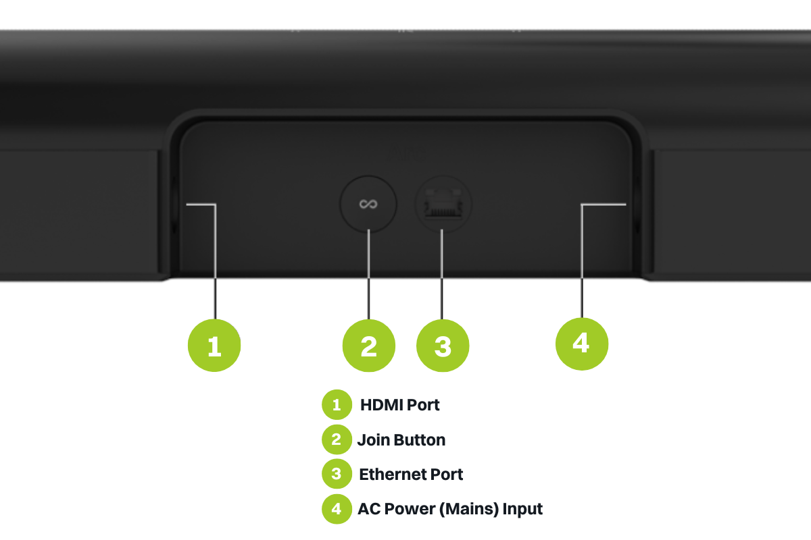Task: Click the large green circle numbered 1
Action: tap(214, 345)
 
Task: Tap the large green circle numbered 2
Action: tap(368, 345)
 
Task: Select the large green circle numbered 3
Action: tap(443, 345)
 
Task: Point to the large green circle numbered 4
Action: tap(581, 343)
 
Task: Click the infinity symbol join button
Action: tap(368, 204)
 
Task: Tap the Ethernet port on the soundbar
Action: tap(443, 204)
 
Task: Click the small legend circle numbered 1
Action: tap(337, 405)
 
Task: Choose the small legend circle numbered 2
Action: tap(337, 439)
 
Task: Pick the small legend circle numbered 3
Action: tap(337, 474)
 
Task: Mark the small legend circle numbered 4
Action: tap(337, 508)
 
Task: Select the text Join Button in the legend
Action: tap(401, 440)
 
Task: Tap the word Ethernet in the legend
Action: tap(389, 475)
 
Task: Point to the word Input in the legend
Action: tap(522, 508)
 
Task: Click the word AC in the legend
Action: tap(368, 508)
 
